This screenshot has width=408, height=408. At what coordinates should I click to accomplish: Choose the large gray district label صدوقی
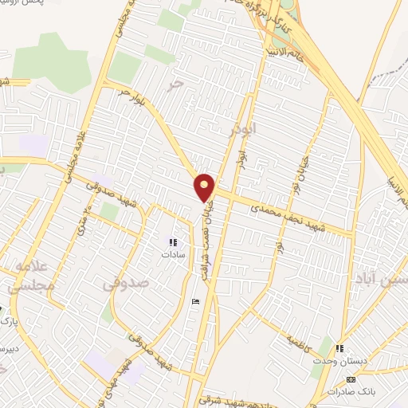(126, 282)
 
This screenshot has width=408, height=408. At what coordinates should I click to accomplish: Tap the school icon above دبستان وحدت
(340, 348)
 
